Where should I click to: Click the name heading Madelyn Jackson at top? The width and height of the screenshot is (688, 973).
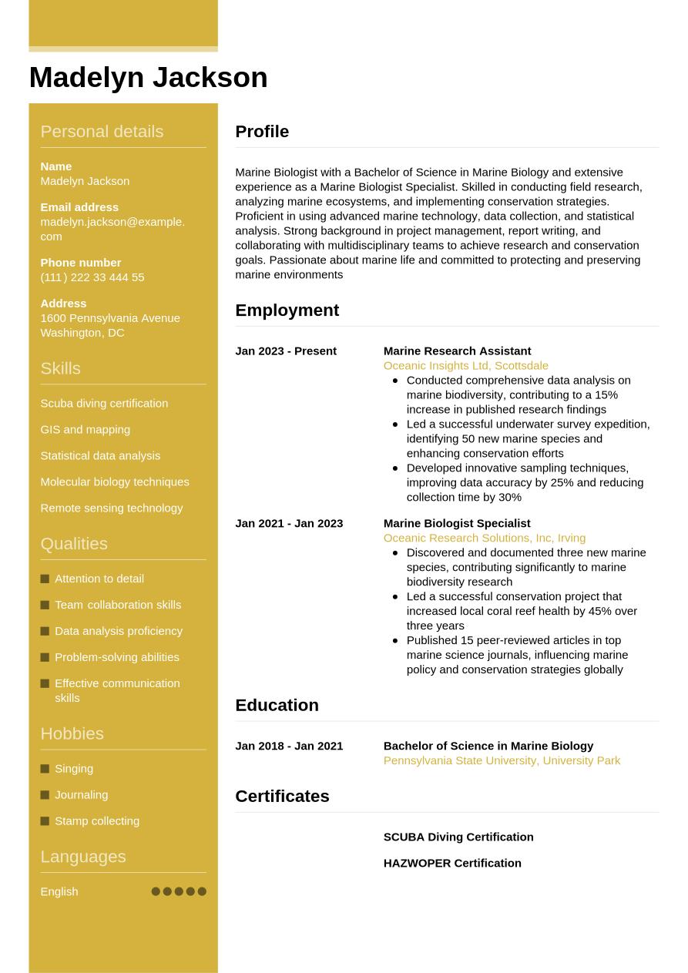148,78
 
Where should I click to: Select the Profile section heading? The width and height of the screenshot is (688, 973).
262,132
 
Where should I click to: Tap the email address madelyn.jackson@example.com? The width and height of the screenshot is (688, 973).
112,229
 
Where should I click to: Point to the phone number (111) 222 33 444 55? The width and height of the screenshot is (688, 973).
92,277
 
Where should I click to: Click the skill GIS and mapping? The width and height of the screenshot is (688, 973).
85,430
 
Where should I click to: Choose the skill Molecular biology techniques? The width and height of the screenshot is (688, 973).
114,482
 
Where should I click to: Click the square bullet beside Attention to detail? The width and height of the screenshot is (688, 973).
45,579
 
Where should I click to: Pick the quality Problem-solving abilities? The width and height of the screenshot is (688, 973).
116,657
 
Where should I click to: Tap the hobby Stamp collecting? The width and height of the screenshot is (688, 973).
97,821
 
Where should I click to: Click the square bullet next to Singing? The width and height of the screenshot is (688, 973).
45,769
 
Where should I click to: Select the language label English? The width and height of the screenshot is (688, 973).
59,892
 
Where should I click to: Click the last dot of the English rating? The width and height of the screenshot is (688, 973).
202,891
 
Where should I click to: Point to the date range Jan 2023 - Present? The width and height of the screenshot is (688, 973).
286,351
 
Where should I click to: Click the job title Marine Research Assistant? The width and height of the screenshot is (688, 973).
457,351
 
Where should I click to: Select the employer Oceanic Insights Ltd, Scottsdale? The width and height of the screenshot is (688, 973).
465,366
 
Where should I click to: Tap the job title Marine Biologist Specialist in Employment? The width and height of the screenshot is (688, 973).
457,524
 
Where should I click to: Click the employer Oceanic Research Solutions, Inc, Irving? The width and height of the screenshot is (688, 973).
484,539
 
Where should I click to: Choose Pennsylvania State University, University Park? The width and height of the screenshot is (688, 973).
502,761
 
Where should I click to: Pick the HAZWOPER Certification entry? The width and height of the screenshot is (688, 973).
452,864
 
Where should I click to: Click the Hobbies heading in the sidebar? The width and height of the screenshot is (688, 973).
72,734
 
